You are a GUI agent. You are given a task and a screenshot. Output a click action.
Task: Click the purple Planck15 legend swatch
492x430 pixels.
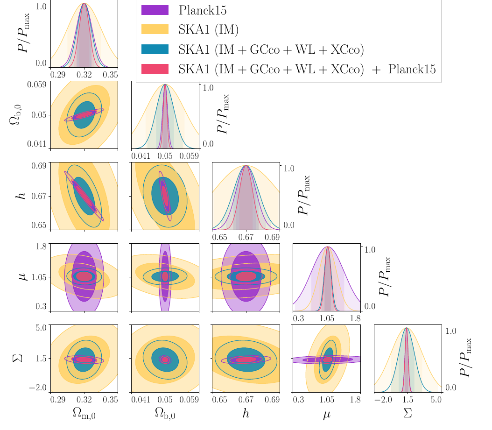(155, 10)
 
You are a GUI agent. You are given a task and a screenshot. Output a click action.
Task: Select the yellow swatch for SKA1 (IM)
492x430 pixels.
(155, 29)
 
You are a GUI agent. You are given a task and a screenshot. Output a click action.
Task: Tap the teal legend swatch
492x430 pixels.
(155, 49)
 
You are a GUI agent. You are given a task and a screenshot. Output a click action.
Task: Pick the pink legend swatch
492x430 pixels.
(155, 69)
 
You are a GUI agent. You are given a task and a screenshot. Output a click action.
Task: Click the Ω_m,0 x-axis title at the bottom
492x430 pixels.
(84, 413)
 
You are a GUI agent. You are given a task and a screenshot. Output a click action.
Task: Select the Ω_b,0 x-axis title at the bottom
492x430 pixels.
(165, 413)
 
